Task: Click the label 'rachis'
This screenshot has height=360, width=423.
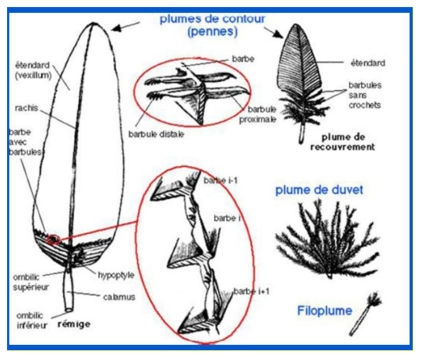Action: click(27, 108)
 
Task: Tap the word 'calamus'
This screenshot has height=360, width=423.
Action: click(119, 297)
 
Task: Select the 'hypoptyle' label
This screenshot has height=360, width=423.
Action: click(116, 276)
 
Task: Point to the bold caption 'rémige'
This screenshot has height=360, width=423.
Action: click(74, 324)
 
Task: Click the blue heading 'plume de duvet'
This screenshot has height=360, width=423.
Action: click(319, 190)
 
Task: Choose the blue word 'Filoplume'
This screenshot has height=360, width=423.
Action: click(324, 311)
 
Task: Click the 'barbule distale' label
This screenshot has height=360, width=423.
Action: click(156, 134)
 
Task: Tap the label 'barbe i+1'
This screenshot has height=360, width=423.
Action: click(251, 291)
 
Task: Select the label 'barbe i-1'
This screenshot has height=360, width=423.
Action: click(220, 180)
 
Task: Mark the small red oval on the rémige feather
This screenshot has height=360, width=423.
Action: click(53, 239)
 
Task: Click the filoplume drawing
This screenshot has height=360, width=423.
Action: click(366, 313)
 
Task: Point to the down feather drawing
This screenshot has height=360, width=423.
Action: click(327, 240)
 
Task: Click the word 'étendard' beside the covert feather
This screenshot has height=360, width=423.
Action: click(368, 63)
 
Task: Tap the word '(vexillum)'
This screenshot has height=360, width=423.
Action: click(33, 75)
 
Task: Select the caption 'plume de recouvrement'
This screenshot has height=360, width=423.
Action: click(343, 142)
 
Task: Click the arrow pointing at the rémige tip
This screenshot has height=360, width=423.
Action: click(125, 26)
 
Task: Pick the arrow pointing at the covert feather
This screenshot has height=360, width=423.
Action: click(274, 32)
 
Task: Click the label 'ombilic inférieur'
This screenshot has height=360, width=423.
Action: click(31, 320)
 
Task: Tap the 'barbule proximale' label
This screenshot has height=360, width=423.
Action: click(258, 114)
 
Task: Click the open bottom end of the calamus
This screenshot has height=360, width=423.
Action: click(69, 310)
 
